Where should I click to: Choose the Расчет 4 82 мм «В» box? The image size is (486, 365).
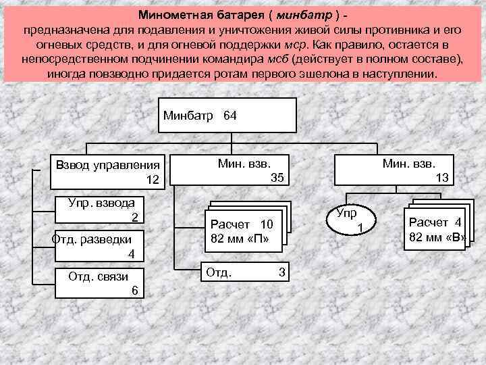click(x=435, y=229)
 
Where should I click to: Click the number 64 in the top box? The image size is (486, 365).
click(x=230, y=116)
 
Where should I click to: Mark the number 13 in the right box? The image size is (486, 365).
click(x=443, y=177)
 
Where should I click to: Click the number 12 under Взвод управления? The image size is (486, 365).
click(x=153, y=180)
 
